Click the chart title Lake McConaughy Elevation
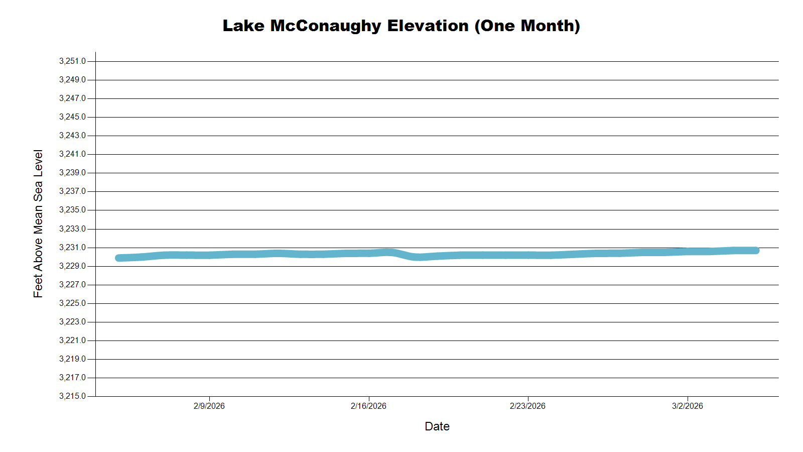[x=345, y=26]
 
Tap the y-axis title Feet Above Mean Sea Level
[x=38, y=223]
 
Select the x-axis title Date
[x=437, y=426]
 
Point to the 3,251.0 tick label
[x=72, y=61]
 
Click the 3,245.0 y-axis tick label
[x=72, y=117]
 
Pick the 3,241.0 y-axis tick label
[x=72, y=154]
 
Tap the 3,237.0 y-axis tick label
[x=72, y=191]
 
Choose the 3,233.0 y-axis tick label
[x=72, y=229]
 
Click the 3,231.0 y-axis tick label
[x=72, y=248]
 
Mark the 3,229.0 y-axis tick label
[x=72, y=266]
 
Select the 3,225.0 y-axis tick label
[x=72, y=303]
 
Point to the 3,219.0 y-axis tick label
[x=72, y=359]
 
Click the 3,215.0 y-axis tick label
[x=72, y=396]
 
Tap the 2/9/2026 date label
[x=209, y=406]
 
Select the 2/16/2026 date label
[x=368, y=406]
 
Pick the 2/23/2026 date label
[x=527, y=406]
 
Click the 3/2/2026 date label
[x=687, y=406]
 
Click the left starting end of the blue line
[x=119, y=258]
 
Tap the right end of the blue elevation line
[x=756, y=250]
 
